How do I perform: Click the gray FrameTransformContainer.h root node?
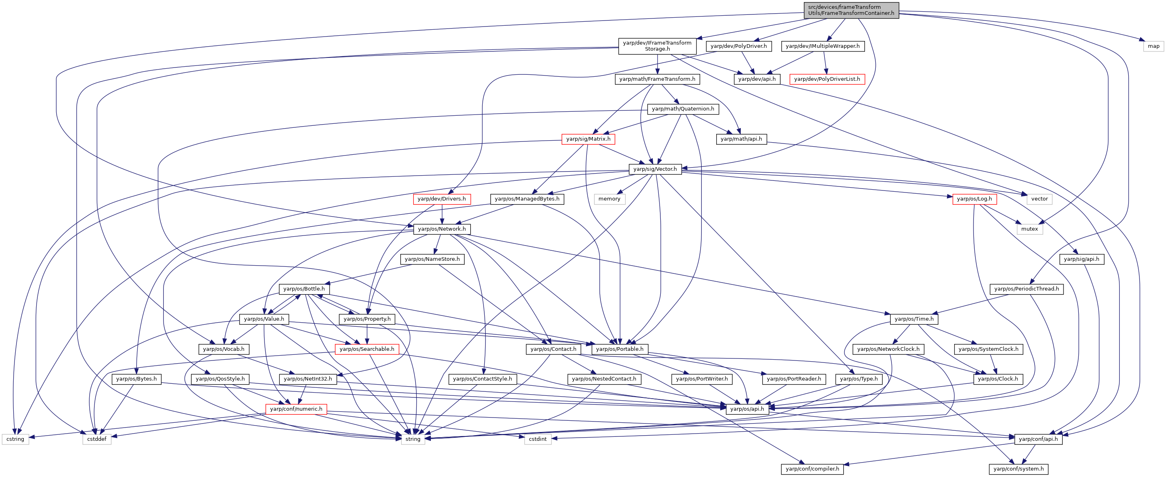click(851, 10)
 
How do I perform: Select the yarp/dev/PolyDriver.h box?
click(739, 46)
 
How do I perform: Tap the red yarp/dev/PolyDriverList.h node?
click(827, 79)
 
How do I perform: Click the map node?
click(1153, 46)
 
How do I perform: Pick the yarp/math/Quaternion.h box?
click(682, 109)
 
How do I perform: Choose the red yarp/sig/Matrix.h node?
click(588, 139)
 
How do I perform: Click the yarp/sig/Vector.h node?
click(655, 169)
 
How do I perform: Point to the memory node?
click(609, 199)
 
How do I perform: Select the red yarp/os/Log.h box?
click(974, 199)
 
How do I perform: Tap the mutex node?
click(1029, 229)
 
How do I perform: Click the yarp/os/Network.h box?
click(442, 229)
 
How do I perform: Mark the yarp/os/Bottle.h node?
click(304, 289)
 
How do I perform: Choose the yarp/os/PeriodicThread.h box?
click(1026, 289)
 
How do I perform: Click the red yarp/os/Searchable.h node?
click(367, 349)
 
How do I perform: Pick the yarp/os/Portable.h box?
click(620, 349)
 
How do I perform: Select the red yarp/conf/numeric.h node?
click(296, 409)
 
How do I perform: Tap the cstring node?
click(15, 439)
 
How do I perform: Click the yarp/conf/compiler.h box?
click(812, 469)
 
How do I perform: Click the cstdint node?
click(538, 439)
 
